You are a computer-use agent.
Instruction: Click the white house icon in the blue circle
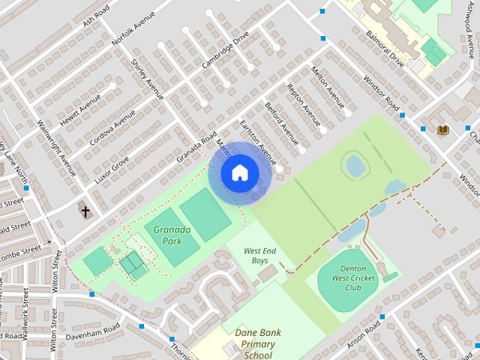tap(239, 173)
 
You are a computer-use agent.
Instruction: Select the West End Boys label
tap(259, 256)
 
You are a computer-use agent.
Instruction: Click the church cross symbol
tap(85, 212)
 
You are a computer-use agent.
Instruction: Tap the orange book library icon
tap(443, 130)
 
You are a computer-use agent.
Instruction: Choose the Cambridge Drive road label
tap(225, 50)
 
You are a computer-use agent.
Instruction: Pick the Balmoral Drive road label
tap(385, 49)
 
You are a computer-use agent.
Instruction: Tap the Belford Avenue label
tap(281, 124)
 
